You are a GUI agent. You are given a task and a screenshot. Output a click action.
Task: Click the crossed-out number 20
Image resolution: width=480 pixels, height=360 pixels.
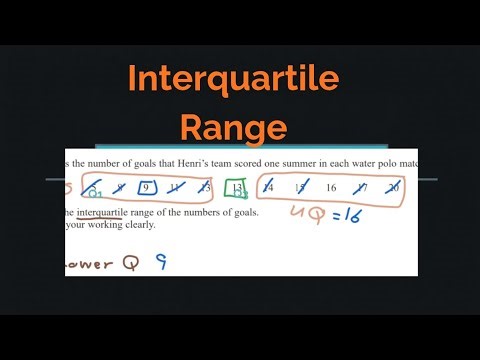395,186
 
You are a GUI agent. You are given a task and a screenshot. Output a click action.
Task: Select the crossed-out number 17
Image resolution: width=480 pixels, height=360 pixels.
362,186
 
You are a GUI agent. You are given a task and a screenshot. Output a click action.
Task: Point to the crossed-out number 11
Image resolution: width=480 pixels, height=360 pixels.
175,186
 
